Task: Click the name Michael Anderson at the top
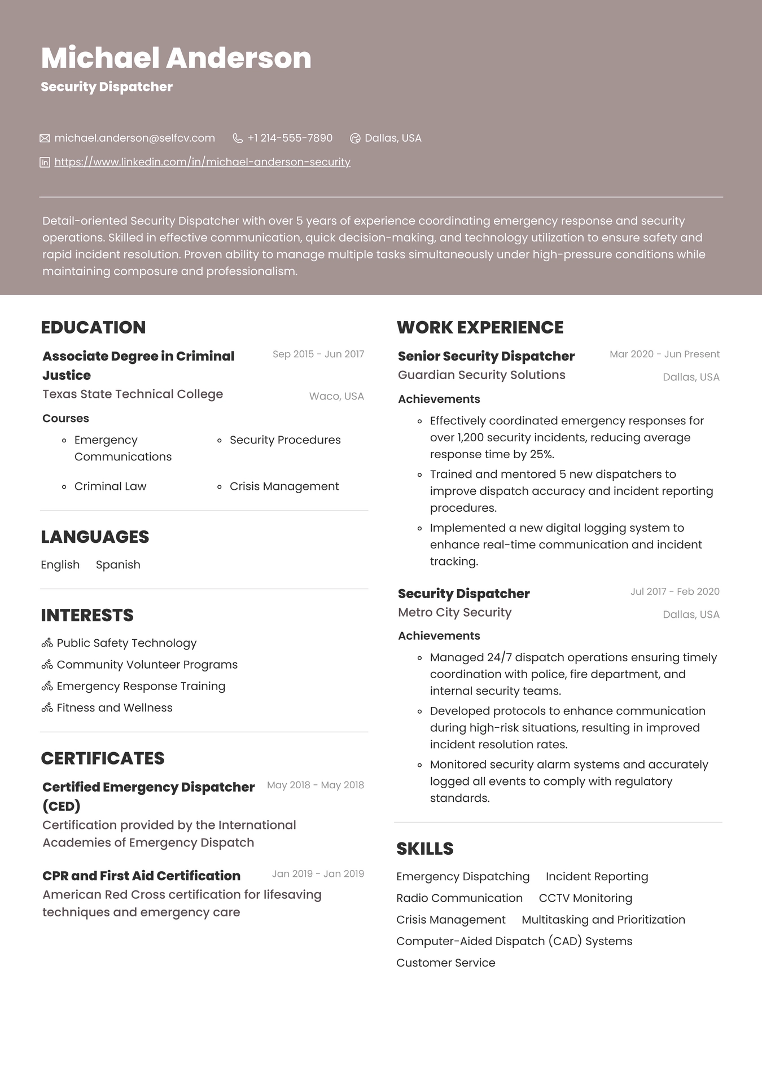pyautogui.click(x=176, y=58)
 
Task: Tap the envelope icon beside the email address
pyautogui.click(x=45, y=138)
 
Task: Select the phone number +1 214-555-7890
pyautogui.click(x=290, y=138)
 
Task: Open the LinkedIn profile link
pyautogui.click(x=202, y=162)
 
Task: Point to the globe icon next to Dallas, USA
pyautogui.click(x=355, y=138)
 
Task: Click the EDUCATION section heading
pyautogui.click(x=93, y=327)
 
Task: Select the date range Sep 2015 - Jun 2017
pyautogui.click(x=318, y=354)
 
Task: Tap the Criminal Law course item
pyautogui.click(x=110, y=486)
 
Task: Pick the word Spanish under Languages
pyautogui.click(x=118, y=565)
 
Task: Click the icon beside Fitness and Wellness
pyautogui.click(x=47, y=708)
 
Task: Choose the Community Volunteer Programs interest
pyautogui.click(x=147, y=665)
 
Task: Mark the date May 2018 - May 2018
pyautogui.click(x=315, y=785)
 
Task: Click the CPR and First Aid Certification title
pyautogui.click(x=141, y=876)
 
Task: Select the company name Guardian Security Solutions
pyautogui.click(x=481, y=375)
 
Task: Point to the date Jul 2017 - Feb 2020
pyautogui.click(x=675, y=592)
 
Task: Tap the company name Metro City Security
pyautogui.click(x=454, y=613)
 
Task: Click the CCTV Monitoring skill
pyautogui.click(x=585, y=898)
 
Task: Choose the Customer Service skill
pyautogui.click(x=445, y=963)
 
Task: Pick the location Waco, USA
pyautogui.click(x=336, y=397)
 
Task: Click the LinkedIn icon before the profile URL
pyautogui.click(x=45, y=163)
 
